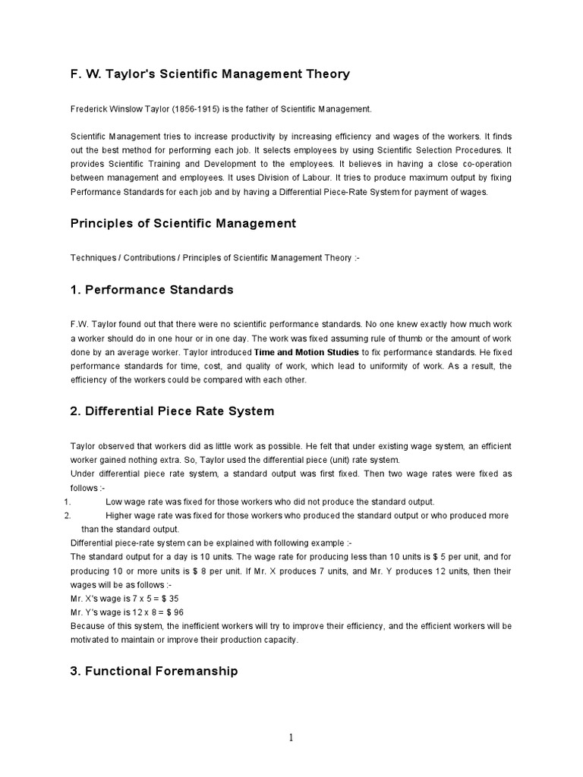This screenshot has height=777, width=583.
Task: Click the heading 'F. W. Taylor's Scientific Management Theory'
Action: [x=210, y=74]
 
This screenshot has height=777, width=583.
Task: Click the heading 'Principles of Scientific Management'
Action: [x=183, y=224]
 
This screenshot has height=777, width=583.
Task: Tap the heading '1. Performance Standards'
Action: [x=152, y=290]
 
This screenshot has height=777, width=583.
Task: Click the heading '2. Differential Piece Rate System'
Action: [x=172, y=411]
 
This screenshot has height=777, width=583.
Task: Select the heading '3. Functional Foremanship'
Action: [x=154, y=671]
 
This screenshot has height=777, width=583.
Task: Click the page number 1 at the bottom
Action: [x=291, y=737]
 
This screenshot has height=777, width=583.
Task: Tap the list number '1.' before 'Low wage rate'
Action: [x=67, y=502]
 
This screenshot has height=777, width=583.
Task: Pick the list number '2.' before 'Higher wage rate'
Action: [x=67, y=515]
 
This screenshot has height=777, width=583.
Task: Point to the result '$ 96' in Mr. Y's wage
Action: [x=178, y=612]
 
